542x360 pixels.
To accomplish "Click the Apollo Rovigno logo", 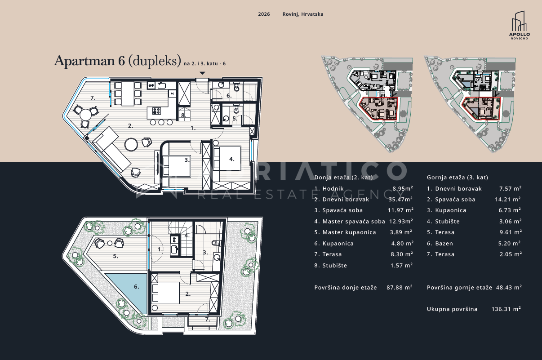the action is [x=519, y=25].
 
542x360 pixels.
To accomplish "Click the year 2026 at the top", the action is [x=264, y=14].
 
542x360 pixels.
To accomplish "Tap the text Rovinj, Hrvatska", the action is [x=303, y=14].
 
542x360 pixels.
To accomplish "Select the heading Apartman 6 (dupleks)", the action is [x=118, y=61].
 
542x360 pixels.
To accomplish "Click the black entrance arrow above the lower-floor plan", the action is [x=202, y=73].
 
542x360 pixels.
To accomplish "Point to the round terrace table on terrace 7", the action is [x=86, y=115].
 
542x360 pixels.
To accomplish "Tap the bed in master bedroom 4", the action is [x=227, y=158].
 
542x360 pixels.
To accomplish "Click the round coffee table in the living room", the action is [x=131, y=144].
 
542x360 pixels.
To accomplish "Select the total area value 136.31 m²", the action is [x=506, y=309].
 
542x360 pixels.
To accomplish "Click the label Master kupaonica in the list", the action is [x=349, y=232].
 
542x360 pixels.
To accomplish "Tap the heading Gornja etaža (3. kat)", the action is [x=458, y=178].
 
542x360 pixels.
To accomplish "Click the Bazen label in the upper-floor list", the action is [x=444, y=244].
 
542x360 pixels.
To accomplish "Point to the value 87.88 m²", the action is [x=400, y=288].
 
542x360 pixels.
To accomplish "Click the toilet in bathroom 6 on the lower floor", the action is [x=236, y=86].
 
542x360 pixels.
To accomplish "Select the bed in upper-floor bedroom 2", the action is [x=166, y=293].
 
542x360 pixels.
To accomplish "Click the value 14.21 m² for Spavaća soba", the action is [x=508, y=200].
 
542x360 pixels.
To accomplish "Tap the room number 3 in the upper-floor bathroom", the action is [x=205, y=253].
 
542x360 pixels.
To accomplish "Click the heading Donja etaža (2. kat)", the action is [x=344, y=178].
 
